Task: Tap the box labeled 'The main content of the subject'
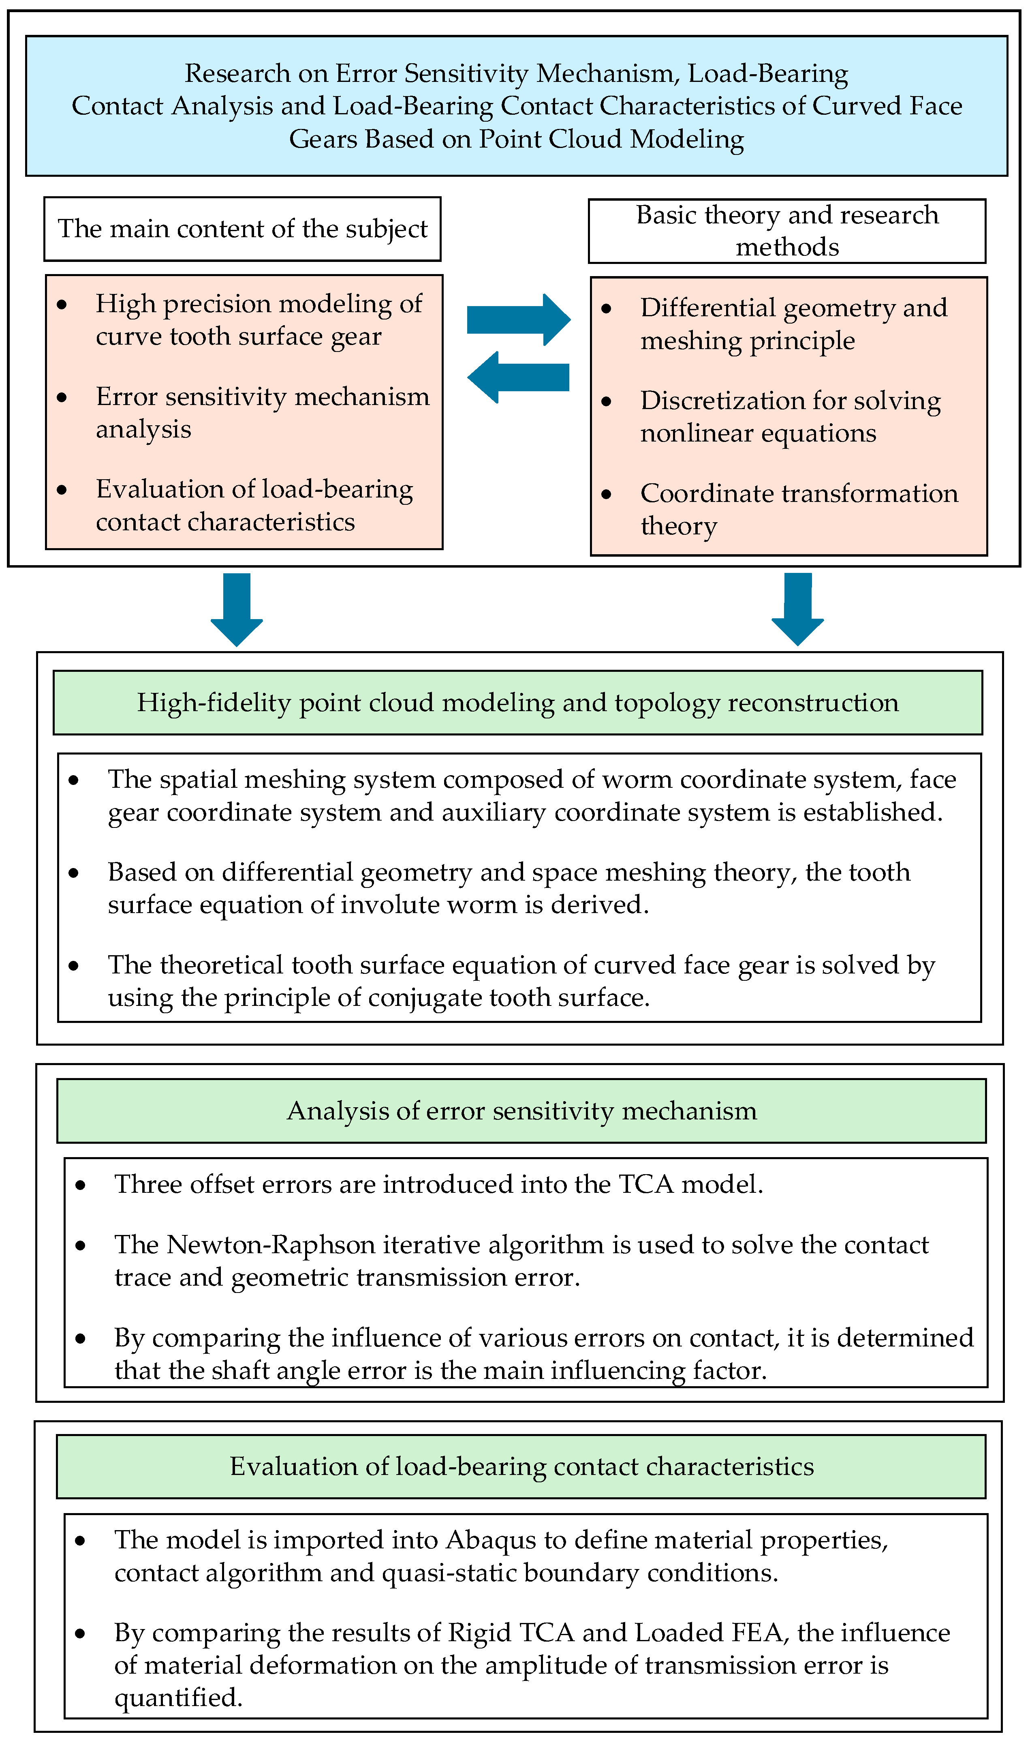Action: click(x=242, y=229)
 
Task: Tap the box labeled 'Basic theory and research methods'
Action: click(x=786, y=231)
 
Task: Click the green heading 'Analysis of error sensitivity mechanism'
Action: click(x=521, y=1111)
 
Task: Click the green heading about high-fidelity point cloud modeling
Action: click(x=518, y=703)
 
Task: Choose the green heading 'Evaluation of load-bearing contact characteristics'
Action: click(x=521, y=1466)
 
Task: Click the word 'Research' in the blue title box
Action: click(x=237, y=74)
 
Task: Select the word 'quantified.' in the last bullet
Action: click(x=178, y=1698)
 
